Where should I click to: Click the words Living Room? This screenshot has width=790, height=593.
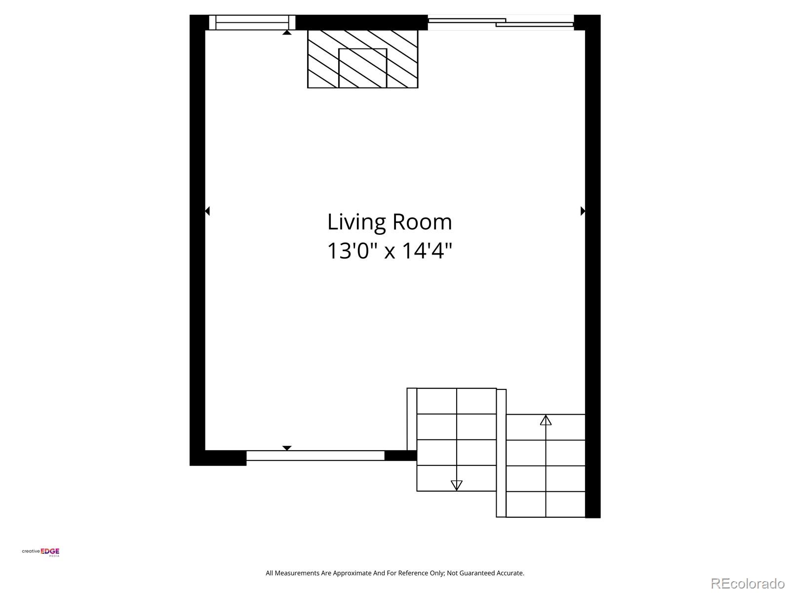[390, 222]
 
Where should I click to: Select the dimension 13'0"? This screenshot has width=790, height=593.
[353, 251]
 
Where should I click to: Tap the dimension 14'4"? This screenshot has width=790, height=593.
[427, 251]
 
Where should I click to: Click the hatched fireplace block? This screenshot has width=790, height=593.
[321, 59]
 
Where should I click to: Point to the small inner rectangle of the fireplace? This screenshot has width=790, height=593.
[362, 68]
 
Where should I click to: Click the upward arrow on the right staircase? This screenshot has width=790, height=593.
[546, 421]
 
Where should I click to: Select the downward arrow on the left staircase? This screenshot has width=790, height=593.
[457, 485]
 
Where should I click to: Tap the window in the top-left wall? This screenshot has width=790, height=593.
[252, 22]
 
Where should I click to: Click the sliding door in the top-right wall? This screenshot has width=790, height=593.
[501, 22]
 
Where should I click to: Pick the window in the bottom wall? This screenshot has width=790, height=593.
[315, 456]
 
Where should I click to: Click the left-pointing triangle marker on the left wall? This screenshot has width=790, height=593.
[207, 211]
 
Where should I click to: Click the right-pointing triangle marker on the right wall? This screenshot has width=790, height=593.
[583, 211]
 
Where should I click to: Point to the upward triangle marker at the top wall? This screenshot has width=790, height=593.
[287, 33]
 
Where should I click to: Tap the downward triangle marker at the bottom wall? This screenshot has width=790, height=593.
[287, 448]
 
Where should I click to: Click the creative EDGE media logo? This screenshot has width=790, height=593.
[41, 552]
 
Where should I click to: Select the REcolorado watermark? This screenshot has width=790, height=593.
[748, 583]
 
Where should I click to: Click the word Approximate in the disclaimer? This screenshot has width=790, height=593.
[352, 573]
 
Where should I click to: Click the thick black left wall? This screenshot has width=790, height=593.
[197, 237]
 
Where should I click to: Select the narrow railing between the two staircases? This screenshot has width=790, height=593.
[501, 453]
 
